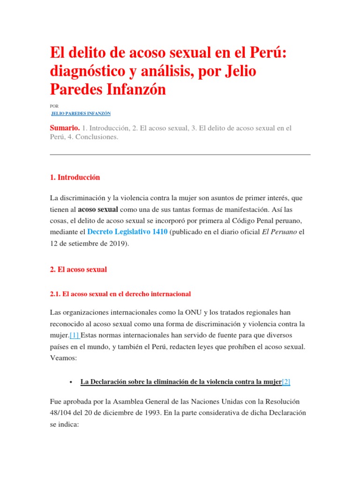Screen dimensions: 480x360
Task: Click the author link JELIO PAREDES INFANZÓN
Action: tap(81, 113)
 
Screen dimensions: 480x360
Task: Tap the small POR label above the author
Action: tap(54, 106)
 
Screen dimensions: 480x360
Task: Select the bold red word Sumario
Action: tap(64, 128)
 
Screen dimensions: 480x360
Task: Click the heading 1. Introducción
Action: tap(75, 178)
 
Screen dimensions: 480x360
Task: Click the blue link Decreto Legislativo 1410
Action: tap(127, 232)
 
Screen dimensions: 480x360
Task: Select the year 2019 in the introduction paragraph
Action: tap(118, 244)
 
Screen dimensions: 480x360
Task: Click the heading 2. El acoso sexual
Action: tap(78, 270)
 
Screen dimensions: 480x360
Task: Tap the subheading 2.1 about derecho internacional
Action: tap(120, 294)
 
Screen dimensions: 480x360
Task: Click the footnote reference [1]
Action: tap(75, 336)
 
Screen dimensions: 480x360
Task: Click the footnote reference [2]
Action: tap(286, 382)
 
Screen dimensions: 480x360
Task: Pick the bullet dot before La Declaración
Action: tap(70, 382)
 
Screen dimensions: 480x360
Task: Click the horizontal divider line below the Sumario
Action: tap(180, 154)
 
